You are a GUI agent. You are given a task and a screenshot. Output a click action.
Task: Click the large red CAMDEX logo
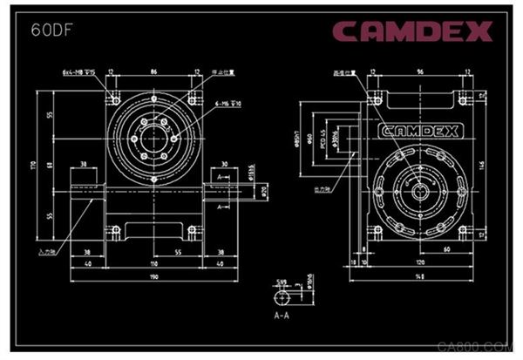click(x=411, y=31)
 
